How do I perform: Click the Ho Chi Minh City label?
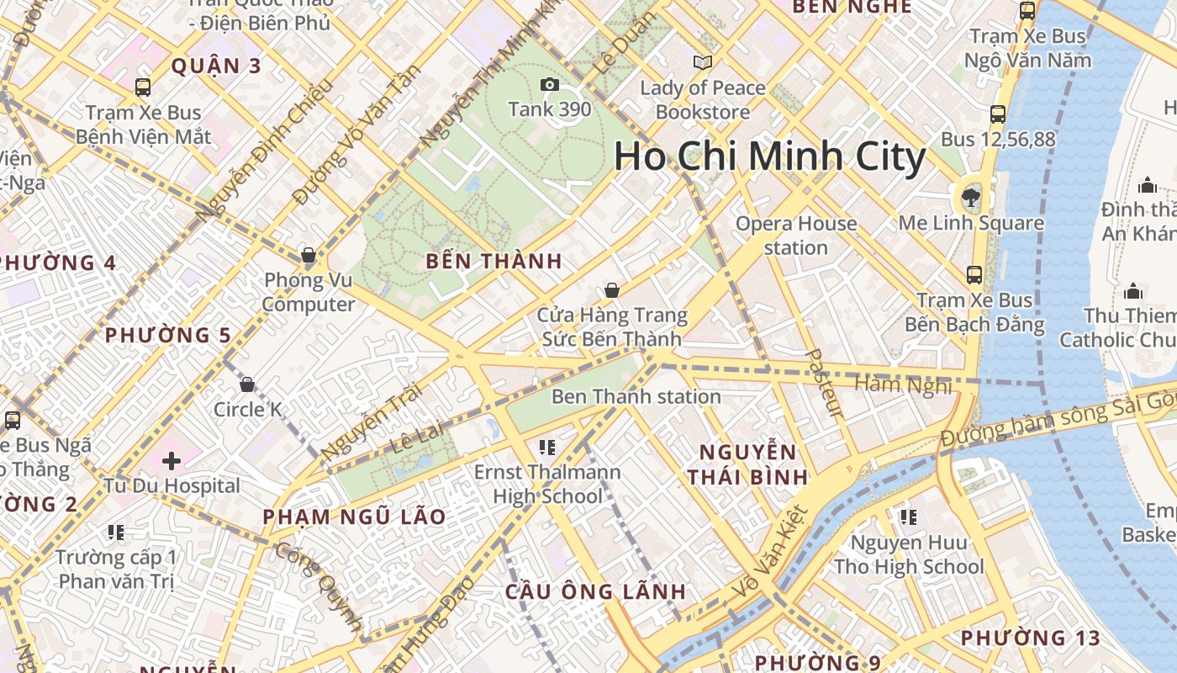769,156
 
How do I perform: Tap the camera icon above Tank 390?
550,84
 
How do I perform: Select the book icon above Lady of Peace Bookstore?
703,62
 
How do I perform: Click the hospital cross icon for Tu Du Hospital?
172,460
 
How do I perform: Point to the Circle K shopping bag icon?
247,384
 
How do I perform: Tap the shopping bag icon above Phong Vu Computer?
308,255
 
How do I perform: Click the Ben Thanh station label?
636,396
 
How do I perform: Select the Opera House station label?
796,236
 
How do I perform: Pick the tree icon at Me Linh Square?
971,198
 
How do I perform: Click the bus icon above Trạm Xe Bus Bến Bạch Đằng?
974,274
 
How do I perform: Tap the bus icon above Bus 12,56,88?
998,114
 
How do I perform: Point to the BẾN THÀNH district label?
493,261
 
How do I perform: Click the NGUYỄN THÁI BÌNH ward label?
747,464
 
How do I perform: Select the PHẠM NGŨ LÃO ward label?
354,517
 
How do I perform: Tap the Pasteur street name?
823,384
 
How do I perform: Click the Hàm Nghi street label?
903,384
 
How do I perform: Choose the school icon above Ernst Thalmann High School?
547,447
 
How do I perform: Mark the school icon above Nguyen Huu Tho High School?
908,517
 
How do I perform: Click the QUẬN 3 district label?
217,66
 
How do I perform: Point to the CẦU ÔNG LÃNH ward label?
595,591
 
